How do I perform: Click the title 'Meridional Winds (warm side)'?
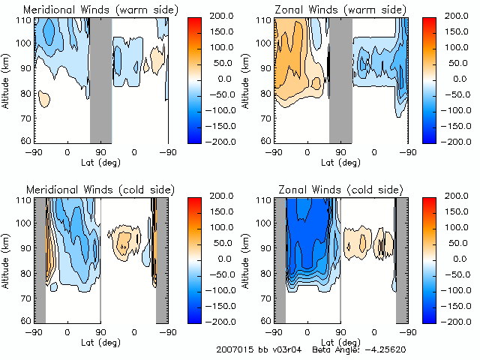100,10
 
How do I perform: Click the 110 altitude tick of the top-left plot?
25,20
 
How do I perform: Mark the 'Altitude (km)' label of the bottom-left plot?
7,259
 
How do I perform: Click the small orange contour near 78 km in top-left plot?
43,97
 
